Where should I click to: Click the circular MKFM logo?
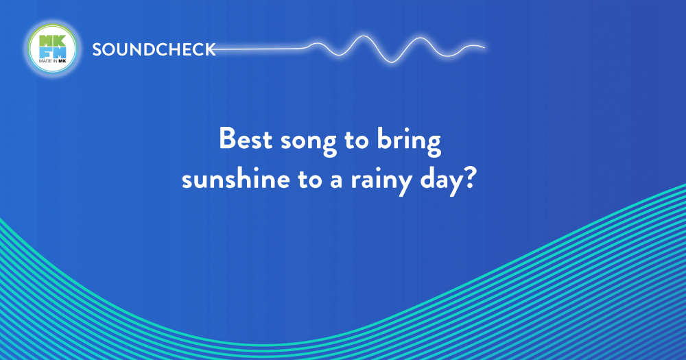53,49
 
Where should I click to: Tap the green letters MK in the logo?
53,41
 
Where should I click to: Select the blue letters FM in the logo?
53,53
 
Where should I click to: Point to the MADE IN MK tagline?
53,61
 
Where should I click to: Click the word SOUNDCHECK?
154,49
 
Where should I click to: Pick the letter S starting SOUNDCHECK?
97,49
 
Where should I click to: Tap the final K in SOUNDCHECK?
211,49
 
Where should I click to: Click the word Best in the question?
246,139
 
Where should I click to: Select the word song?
309,142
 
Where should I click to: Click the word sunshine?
236,178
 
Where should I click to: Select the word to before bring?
357,140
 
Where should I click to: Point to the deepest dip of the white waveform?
392,62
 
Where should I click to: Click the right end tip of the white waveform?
485,47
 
